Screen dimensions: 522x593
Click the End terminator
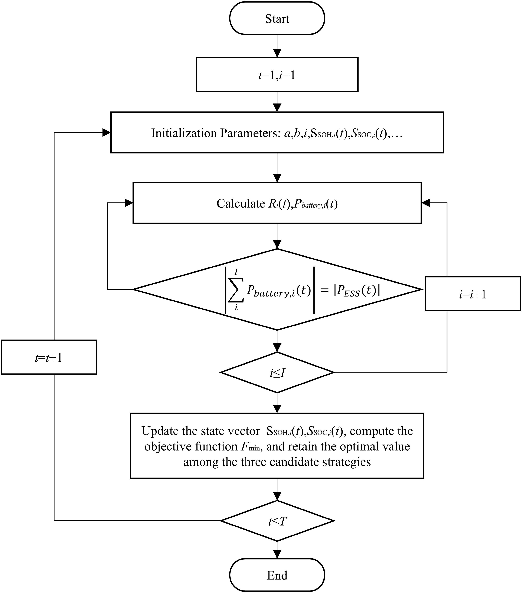(x=277, y=575)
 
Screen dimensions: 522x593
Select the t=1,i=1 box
(x=277, y=75)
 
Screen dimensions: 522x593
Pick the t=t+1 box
(x=49, y=357)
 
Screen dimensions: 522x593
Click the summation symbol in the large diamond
(x=236, y=290)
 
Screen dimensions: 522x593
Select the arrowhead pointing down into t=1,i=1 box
(x=277, y=53)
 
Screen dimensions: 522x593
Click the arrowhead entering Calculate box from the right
(x=426, y=203)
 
